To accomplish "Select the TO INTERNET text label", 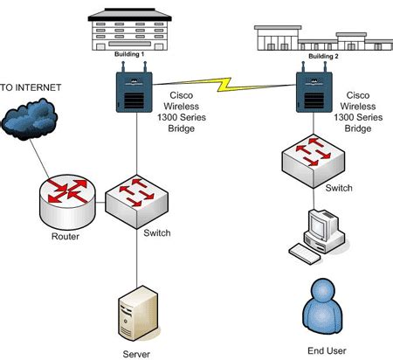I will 31,89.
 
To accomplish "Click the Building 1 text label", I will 131,54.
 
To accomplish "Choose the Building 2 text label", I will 321,56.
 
